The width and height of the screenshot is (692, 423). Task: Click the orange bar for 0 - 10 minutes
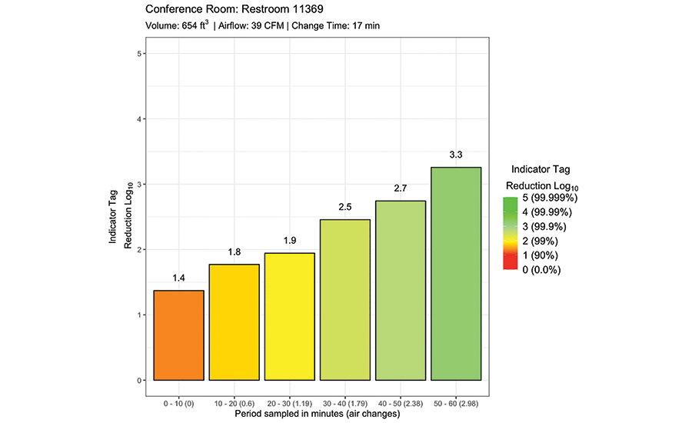pos(178,335)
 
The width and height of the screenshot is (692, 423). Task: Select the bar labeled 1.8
pos(234,322)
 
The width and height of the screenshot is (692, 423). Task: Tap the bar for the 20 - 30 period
pos(289,317)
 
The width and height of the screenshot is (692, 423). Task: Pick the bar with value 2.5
pos(345,300)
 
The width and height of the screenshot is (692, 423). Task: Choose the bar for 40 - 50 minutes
pos(400,291)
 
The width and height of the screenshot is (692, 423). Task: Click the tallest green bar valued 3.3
pos(456,274)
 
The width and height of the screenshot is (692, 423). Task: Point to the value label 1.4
pos(178,278)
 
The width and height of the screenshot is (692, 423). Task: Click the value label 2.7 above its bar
pos(400,188)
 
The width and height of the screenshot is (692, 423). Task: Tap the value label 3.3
pos(456,155)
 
